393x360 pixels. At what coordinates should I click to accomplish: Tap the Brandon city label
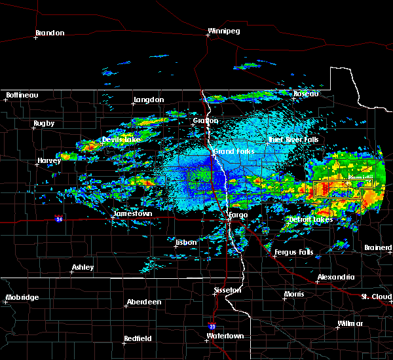click(50, 33)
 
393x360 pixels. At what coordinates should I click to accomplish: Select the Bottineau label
click(22, 95)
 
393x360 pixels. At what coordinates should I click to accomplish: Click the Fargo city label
click(236, 214)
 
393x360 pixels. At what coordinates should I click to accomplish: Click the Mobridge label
click(22, 297)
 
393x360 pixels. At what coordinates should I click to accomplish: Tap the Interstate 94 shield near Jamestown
click(59, 219)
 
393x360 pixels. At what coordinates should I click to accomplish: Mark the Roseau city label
click(305, 94)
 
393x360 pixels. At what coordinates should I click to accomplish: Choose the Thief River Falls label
click(293, 140)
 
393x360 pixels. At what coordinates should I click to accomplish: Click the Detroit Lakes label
click(310, 219)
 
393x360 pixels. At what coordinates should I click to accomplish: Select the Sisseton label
click(229, 289)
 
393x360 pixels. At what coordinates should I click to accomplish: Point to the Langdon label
click(148, 99)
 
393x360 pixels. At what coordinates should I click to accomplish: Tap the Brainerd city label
click(378, 247)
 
